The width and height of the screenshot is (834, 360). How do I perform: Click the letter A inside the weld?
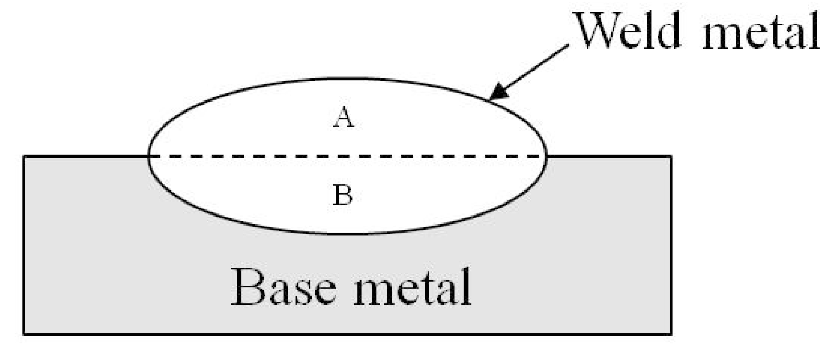click(343, 118)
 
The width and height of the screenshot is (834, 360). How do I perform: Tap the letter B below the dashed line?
click(343, 196)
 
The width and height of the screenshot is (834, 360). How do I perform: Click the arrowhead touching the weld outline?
click(496, 93)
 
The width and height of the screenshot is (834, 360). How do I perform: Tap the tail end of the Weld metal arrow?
click(568, 46)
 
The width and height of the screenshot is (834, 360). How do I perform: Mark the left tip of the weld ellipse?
click(149, 156)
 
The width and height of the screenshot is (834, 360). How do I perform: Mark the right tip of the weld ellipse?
click(547, 156)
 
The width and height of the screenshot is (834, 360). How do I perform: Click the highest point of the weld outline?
click(347, 79)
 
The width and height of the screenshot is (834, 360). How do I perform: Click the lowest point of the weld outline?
click(347, 233)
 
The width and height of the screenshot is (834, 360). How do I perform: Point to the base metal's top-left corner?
click(24, 156)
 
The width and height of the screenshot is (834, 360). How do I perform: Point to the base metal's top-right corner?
click(671, 156)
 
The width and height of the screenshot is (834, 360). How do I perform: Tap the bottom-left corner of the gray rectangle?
click(24, 334)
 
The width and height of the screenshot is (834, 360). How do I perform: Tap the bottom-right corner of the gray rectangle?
click(671, 334)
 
